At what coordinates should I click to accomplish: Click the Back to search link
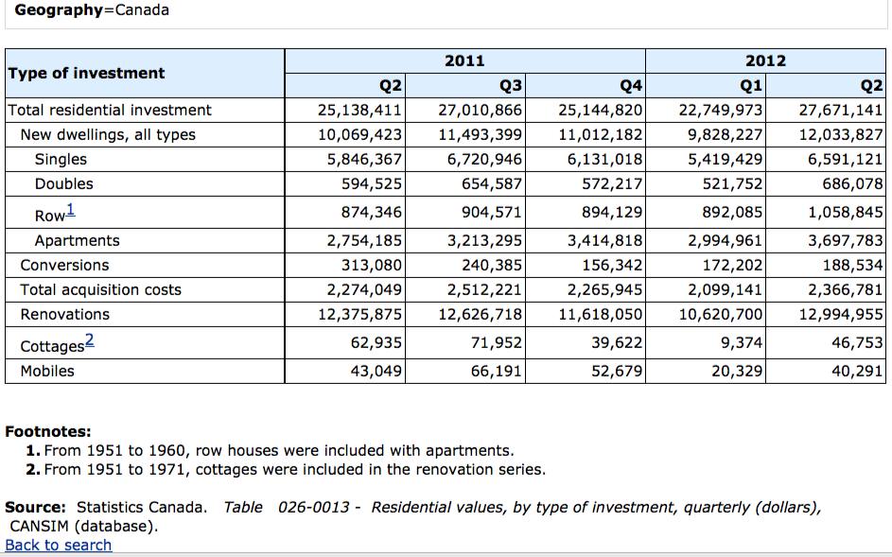[x=58, y=545]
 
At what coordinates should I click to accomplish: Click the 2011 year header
[x=464, y=61]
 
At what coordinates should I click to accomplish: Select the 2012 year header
[x=765, y=61]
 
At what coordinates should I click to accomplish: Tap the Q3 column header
[x=510, y=86]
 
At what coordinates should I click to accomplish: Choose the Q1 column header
[x=750, y=86]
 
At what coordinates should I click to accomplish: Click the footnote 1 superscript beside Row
[x=70, y=210]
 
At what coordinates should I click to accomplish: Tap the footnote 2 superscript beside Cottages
[x=89, y=340]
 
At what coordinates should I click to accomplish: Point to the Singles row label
[x=61, y=159]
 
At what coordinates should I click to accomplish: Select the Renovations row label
[x=65, y=315]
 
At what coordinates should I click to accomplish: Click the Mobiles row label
[x=47, y=371]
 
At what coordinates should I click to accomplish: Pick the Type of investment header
[x=86, y=74]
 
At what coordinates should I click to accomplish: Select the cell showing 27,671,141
[x=840, y=110]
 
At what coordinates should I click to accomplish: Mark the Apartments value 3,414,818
[x=604, y=240]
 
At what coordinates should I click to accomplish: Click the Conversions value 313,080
[x=372, y=265]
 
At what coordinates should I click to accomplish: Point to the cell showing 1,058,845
[x=846, y=212]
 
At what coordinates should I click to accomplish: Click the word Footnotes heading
[x=48, y=431]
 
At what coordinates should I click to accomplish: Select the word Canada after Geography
[x=142, y=10]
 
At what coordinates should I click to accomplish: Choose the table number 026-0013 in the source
[x=313, y=507]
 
